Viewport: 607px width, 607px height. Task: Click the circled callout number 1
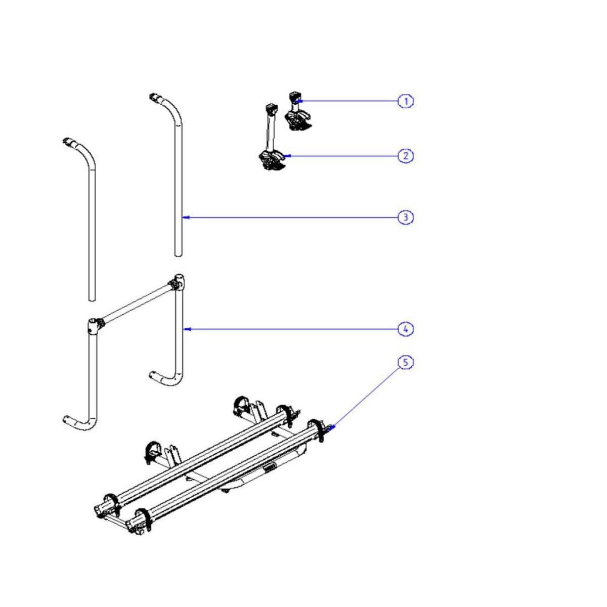point(405,102)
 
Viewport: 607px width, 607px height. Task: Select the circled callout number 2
point(405,156)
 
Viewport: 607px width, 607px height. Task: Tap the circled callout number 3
point(405,218)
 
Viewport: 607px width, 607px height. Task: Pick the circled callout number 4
point(405,329)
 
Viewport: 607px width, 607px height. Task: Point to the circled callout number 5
point(405,363)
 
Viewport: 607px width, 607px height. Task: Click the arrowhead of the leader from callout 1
point(300,101)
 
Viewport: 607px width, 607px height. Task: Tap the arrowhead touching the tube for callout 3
point(186,218)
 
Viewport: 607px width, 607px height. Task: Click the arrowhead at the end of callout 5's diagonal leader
point(332,428)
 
